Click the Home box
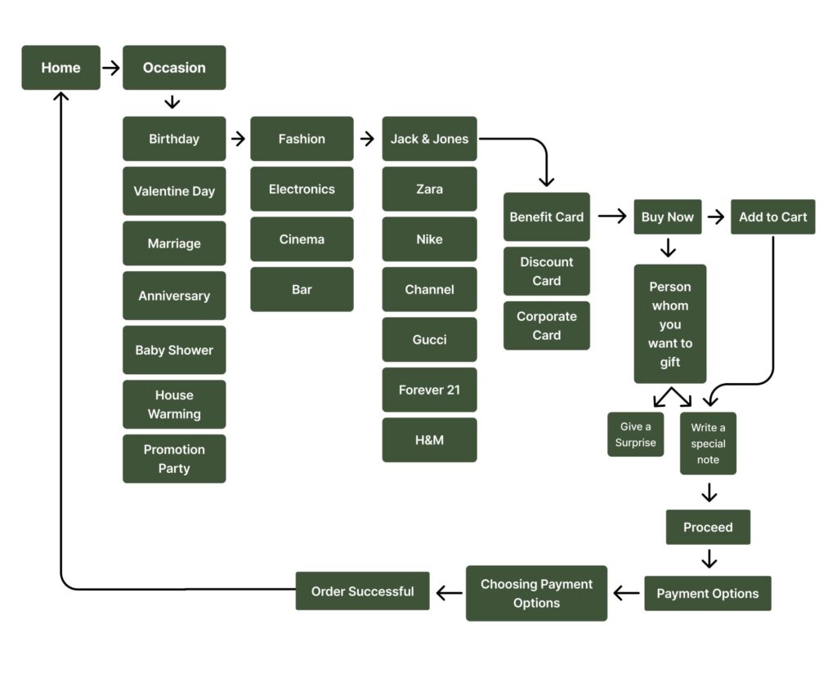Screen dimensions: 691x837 [x=60, y=68]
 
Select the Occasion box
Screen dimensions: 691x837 [x=174, y=68]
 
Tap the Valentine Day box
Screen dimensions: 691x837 [x=174, y=191]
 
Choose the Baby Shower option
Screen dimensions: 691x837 [x=174, y=350]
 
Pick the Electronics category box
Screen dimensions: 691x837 [x=302, y=189]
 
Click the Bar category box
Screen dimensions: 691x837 [x=302, y=289]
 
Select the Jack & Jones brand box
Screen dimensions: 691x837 [x=429, y=139]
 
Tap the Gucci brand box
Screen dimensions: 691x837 [x=429, y=340]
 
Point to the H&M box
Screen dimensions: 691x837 [x=429, y=440]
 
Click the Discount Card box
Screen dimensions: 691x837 [x=546, y=271]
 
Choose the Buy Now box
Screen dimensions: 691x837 [x=667, y=217]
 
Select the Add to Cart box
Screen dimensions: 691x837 [x=772, y=217]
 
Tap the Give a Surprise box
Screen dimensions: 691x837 [x=636, y=435]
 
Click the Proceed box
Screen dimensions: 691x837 [x=708, y=528]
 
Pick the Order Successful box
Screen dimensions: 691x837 [x=362, y=591]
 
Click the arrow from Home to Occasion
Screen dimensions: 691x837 [x=111, y=68]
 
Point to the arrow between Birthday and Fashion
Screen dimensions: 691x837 [x=238, y=139]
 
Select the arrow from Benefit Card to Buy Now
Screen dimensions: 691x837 [x=611, y=216]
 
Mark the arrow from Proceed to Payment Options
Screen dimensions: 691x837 [x=709, y=559]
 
